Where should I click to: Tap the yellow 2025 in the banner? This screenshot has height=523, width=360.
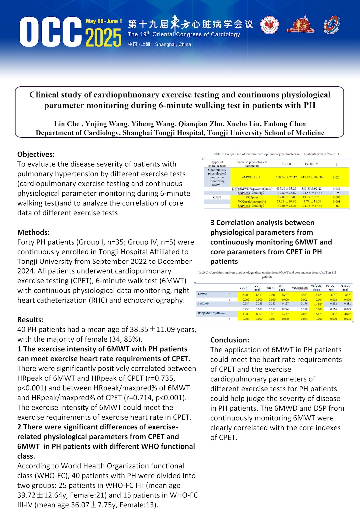(x=103, y=37)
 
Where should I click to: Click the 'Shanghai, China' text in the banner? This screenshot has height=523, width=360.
(x=173, y=44)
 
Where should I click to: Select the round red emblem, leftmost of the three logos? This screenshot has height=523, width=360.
(x=269, y=25)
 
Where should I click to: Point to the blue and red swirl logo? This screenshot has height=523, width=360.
(x=332, y=25)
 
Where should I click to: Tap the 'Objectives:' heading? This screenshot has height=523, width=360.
(x=36, y=154)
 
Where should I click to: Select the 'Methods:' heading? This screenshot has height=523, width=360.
(x=33, y=232)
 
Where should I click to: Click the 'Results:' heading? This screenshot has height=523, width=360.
(x=30, y=320)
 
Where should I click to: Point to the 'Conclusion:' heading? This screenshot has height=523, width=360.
(x=230, y=340)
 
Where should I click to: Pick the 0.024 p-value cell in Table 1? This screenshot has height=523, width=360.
(x=337, y=177)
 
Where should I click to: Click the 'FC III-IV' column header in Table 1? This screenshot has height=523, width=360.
(x=311, y=164)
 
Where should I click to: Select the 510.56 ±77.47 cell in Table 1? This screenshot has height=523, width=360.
(x=286, y=177)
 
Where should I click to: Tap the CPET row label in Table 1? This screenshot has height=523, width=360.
(x=217, y=197)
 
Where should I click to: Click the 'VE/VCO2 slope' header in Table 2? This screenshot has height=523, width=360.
(x=316, y=288)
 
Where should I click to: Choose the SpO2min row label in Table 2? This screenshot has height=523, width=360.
(x=204, y=304)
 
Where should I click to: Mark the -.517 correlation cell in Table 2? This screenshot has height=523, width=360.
(x=319, y=314)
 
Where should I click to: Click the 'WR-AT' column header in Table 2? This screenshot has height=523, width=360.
(x=271, y=288)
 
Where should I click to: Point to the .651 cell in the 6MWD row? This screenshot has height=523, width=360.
(x=259, y=295)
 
